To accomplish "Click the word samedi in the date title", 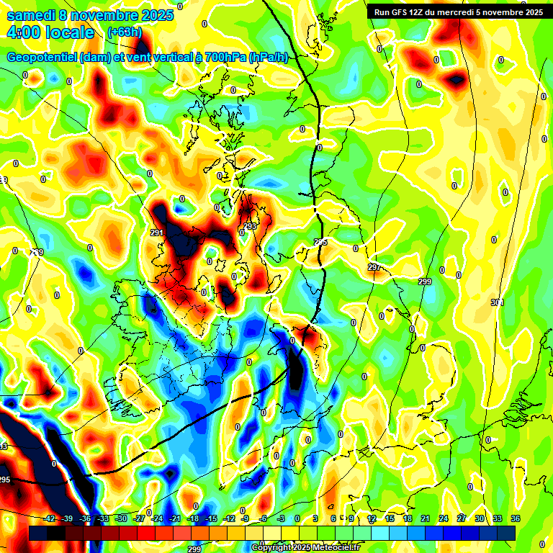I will (32, 15).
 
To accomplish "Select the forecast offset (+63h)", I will (125, 32).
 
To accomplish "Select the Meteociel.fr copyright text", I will (305, 548).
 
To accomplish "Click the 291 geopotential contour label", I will (157, 233).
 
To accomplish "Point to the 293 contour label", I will (250, 226).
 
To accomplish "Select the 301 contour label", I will (496, 302).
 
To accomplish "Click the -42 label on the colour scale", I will (49, 519).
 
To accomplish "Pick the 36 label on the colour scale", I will (515, 519).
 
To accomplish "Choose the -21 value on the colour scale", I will (174, 519).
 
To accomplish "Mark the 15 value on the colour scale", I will (390, 519).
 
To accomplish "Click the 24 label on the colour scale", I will (444, 519).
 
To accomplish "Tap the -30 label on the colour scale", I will (121, 519).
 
